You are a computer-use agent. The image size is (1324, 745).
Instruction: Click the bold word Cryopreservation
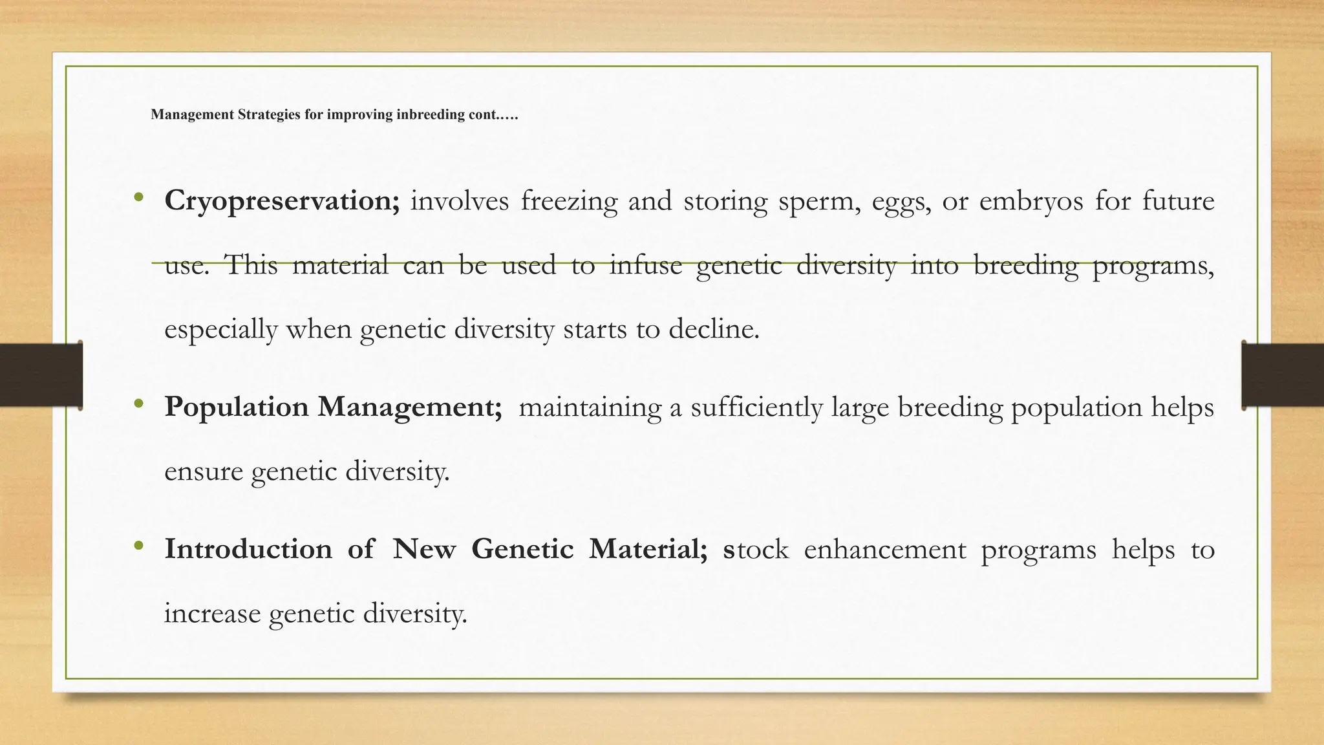coord(282,201)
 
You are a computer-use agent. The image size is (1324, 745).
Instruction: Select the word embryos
coord(1030,201)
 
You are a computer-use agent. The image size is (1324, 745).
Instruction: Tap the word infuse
coord(645,265)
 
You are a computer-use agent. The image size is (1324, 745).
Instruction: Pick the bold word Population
coord(236,407)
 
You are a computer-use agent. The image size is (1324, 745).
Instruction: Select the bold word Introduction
coord(248,549)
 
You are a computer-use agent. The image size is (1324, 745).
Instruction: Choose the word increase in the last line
coord(212,613)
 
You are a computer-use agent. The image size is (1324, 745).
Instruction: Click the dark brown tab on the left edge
coord(41,375)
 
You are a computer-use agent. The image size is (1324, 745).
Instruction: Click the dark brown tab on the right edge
coord(1283,375)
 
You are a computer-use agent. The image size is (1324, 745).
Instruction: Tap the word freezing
coord(569,201)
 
